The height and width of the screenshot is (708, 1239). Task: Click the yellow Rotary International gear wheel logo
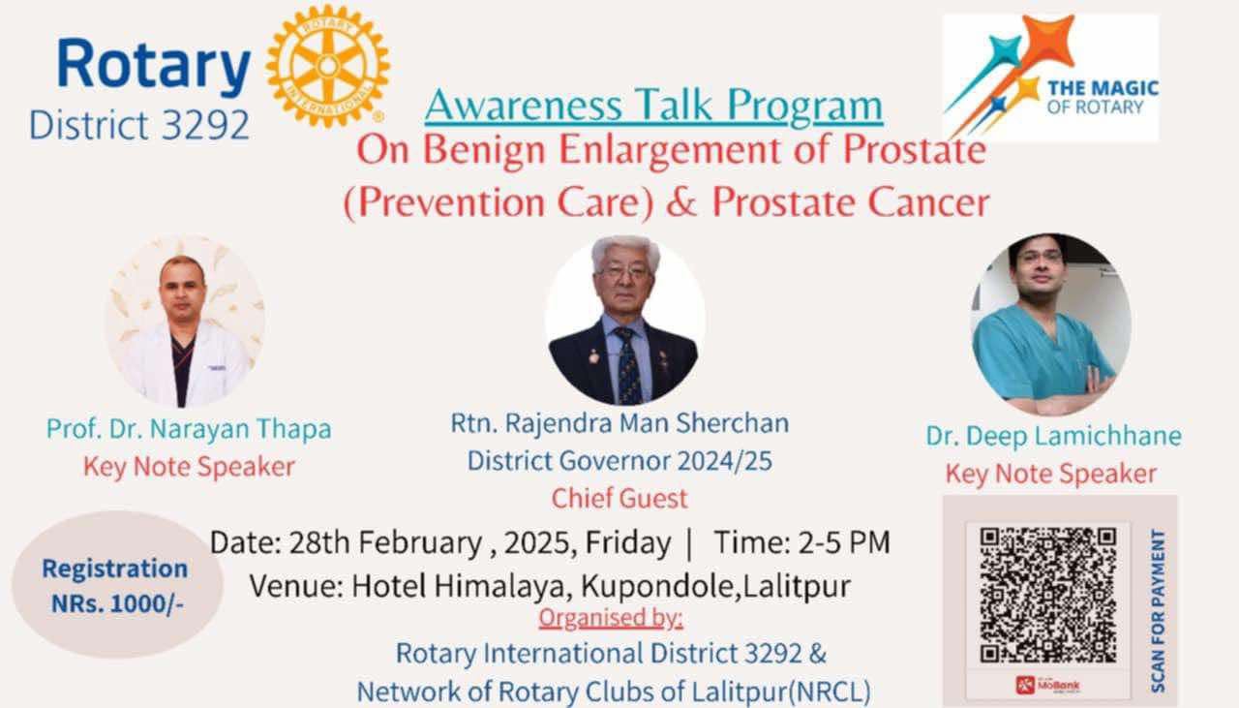click(328, 66)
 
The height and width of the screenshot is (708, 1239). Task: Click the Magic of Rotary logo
click(1050, 77)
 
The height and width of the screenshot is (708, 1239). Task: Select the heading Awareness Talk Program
click(653, 106)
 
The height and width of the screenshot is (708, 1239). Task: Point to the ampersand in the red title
click(681, 201)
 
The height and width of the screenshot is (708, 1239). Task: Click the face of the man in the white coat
click(182, 288)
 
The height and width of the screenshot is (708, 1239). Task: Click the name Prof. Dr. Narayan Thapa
click(189, 428)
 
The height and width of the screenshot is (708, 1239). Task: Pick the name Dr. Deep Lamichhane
click(1054, 435)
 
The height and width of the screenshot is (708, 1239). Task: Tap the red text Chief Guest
click(619, 498)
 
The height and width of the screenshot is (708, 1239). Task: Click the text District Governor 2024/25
click(619, 461)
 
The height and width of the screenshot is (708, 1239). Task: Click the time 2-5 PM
click(844, 542)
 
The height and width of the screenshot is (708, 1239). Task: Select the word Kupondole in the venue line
click(655, 587)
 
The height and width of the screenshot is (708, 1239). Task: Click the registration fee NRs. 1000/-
click(117, 604)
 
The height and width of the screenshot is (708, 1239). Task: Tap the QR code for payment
click(1048, 595)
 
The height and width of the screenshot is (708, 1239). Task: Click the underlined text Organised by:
click(611, 618)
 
